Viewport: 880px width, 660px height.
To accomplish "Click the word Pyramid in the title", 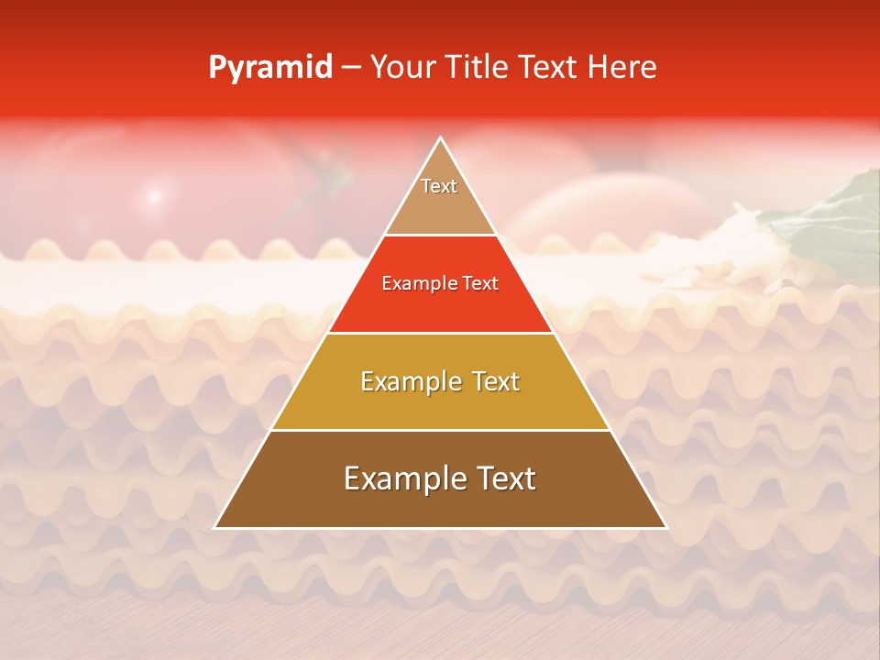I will [x=269, y=68].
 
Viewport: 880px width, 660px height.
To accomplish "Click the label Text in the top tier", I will [x=439, y=186].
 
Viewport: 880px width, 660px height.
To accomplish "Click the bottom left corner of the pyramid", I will [x=216, y=527].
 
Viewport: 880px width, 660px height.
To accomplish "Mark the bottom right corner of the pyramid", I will [x=665, y=527].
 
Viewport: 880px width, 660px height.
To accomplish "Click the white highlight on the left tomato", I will [x=154, y=195].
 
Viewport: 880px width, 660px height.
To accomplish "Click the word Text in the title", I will [x=549, y=68].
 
